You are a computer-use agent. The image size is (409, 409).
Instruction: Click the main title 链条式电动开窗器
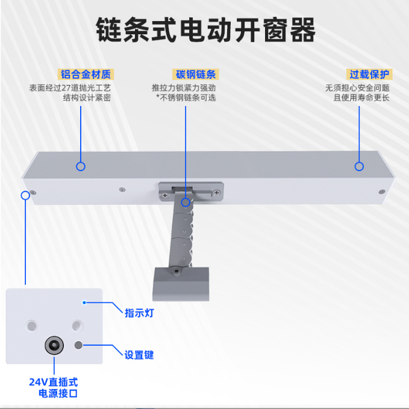[206, 30]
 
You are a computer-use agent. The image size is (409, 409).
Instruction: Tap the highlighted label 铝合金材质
[86, 74]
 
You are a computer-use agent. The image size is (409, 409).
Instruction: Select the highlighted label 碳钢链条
[196, 74]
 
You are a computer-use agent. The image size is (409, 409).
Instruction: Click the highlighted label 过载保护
[369, 74]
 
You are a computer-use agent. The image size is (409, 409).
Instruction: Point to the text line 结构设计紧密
[87, 98]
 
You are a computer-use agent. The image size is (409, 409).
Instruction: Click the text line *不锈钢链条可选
[186, 98]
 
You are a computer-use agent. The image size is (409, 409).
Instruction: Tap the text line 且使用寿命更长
[361, 98]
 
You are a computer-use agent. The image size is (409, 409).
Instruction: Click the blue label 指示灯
[139, 313]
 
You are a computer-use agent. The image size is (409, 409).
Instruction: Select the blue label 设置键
[139, 355]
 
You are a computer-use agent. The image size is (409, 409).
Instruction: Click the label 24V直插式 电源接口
[54, 387]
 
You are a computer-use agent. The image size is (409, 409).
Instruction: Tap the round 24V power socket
[54, 345]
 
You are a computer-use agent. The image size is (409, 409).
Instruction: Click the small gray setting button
[78, 345]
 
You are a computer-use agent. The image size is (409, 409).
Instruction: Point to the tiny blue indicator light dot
[84, 302]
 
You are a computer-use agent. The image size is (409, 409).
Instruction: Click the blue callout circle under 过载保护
[359, 166]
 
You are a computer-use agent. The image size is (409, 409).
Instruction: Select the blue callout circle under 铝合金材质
[81, 166]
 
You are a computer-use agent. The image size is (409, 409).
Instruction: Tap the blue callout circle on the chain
[186, 202]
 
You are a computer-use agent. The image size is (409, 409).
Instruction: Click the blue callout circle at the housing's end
[25, 195]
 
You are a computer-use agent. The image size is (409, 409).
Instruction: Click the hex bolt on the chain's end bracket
[176, 272]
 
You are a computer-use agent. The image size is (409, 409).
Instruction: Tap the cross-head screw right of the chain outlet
[217, 193]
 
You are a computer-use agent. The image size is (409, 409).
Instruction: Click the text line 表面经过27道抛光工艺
[70, 88]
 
